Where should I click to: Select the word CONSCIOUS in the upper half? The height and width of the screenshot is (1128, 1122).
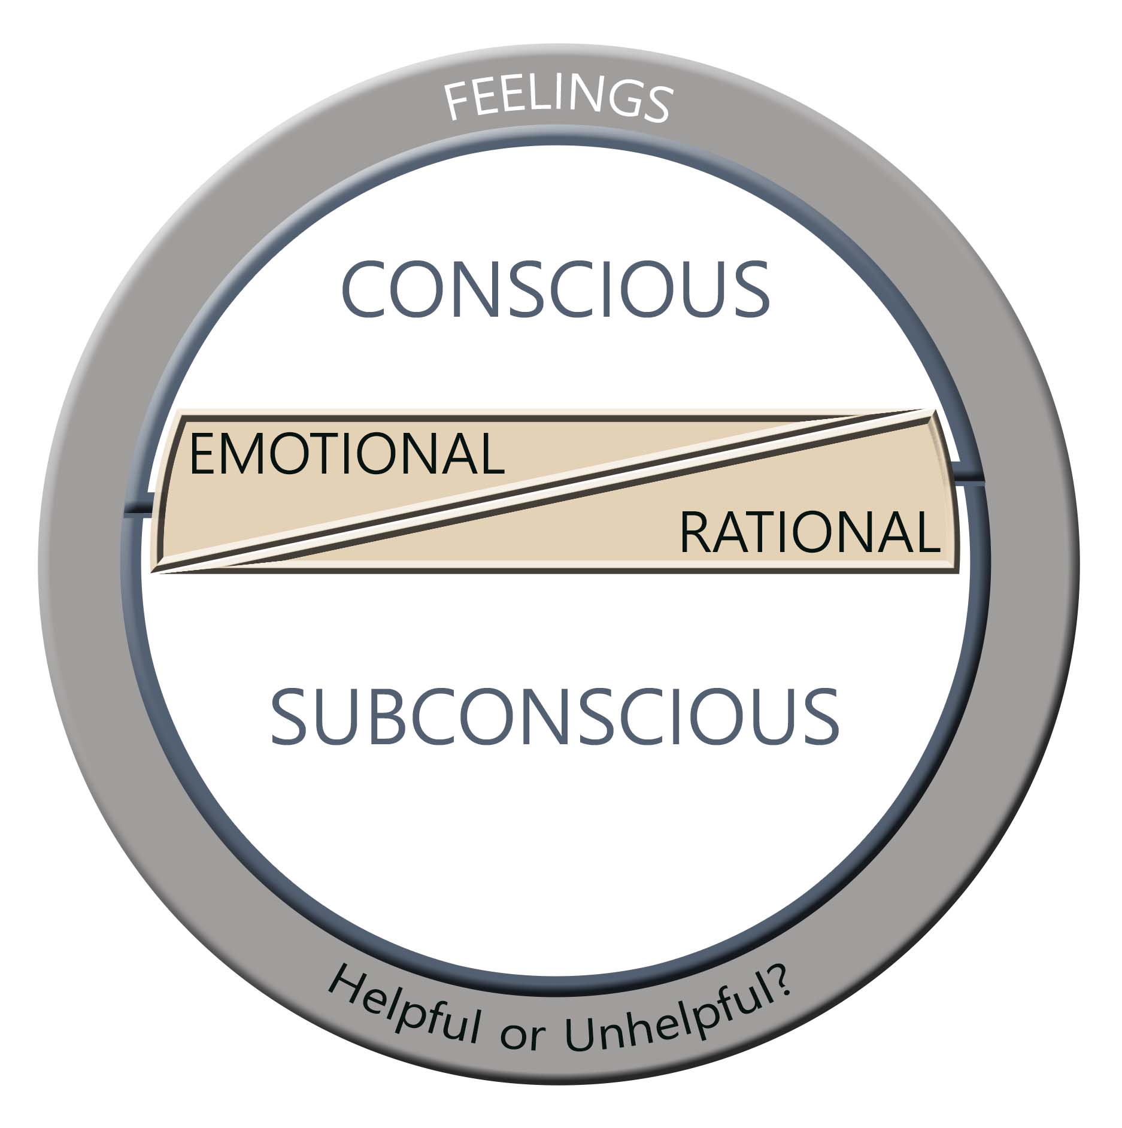coord(556,289)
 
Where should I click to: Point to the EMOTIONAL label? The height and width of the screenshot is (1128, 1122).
coord(347,454)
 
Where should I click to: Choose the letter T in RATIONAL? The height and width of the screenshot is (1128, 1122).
coord(765,532)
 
